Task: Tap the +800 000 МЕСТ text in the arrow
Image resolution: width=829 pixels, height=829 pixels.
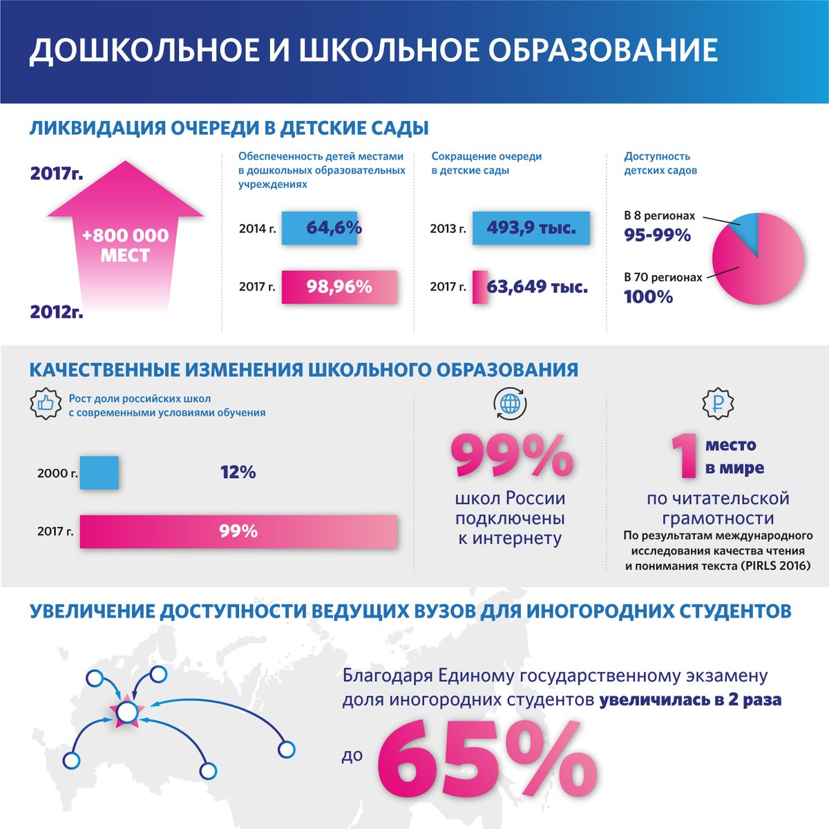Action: (x=125, y=245)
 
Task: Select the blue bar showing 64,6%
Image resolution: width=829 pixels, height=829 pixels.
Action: (x=319, y=228)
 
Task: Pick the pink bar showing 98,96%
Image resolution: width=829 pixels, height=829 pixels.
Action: (x=339, y=287)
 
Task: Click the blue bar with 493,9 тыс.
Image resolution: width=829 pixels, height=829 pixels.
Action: (x=531, y=228)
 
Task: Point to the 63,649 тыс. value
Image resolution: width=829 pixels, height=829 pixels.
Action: (x=537, y=287)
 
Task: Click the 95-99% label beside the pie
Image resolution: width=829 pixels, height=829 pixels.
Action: (x=657, y=236)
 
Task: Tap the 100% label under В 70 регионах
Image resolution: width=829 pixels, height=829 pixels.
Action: (x=648, y=298)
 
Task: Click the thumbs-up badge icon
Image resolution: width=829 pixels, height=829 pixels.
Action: (x=46, y=404)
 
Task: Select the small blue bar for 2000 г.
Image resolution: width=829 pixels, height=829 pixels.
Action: (x=99, y=473)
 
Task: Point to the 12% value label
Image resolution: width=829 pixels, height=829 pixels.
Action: (x=238, y=473)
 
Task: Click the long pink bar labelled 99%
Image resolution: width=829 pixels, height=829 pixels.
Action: (x=238, y=531)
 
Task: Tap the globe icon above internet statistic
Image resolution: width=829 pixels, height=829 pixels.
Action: (x=510, y=404)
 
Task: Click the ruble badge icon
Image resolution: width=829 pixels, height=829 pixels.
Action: (x=718, y=404)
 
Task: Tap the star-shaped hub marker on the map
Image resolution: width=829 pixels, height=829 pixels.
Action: (x=126, y=712)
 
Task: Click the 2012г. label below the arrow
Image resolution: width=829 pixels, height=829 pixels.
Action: (x=57, y=312)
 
